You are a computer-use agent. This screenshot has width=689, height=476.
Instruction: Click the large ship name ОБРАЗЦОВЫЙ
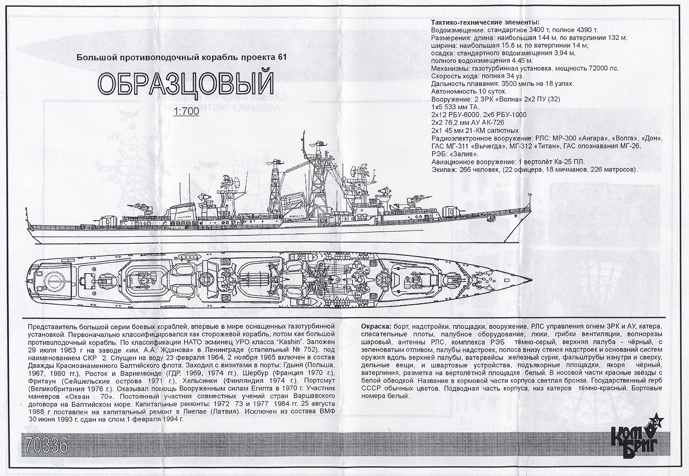tap(186, 84)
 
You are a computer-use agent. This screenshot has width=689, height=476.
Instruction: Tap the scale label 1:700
tap(186, 111)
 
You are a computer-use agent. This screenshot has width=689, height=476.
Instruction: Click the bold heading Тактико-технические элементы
tap(485, 22)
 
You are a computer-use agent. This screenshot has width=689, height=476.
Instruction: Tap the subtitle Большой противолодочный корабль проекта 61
tap(181, 57)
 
